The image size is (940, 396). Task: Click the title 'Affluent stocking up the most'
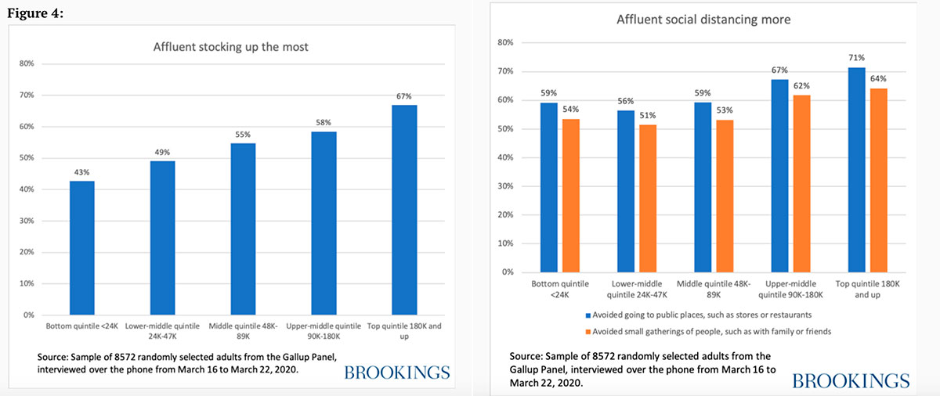click(x=230, y=47)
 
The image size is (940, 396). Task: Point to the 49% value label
click(x=163, y=152)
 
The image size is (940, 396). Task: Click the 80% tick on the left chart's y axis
click(x=29, y=63)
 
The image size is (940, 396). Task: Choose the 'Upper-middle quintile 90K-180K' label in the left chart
click(x=324, y=330)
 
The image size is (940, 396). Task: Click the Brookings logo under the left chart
click(x=396, y=372)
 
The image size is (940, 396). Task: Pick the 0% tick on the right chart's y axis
click(x=506, y=272)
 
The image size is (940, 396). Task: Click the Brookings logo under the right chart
click(x=851, y=381)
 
